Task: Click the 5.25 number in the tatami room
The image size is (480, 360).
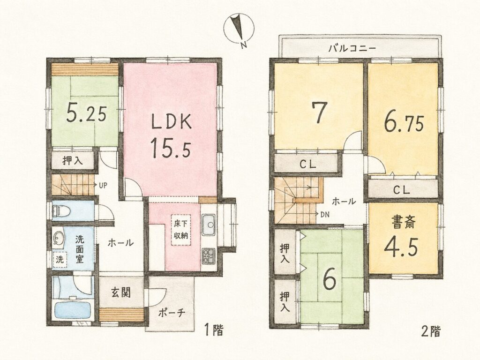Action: (86, 113)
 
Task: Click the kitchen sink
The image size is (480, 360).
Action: (209, 225)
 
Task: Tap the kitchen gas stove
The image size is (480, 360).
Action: (209, 255)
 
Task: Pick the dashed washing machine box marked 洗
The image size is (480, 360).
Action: (60, 260)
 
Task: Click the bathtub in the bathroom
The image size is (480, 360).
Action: (73, 309)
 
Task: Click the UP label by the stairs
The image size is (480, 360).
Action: (103, 185)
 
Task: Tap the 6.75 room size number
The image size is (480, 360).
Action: (404, 123)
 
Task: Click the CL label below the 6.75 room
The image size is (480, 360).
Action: (401, 190)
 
